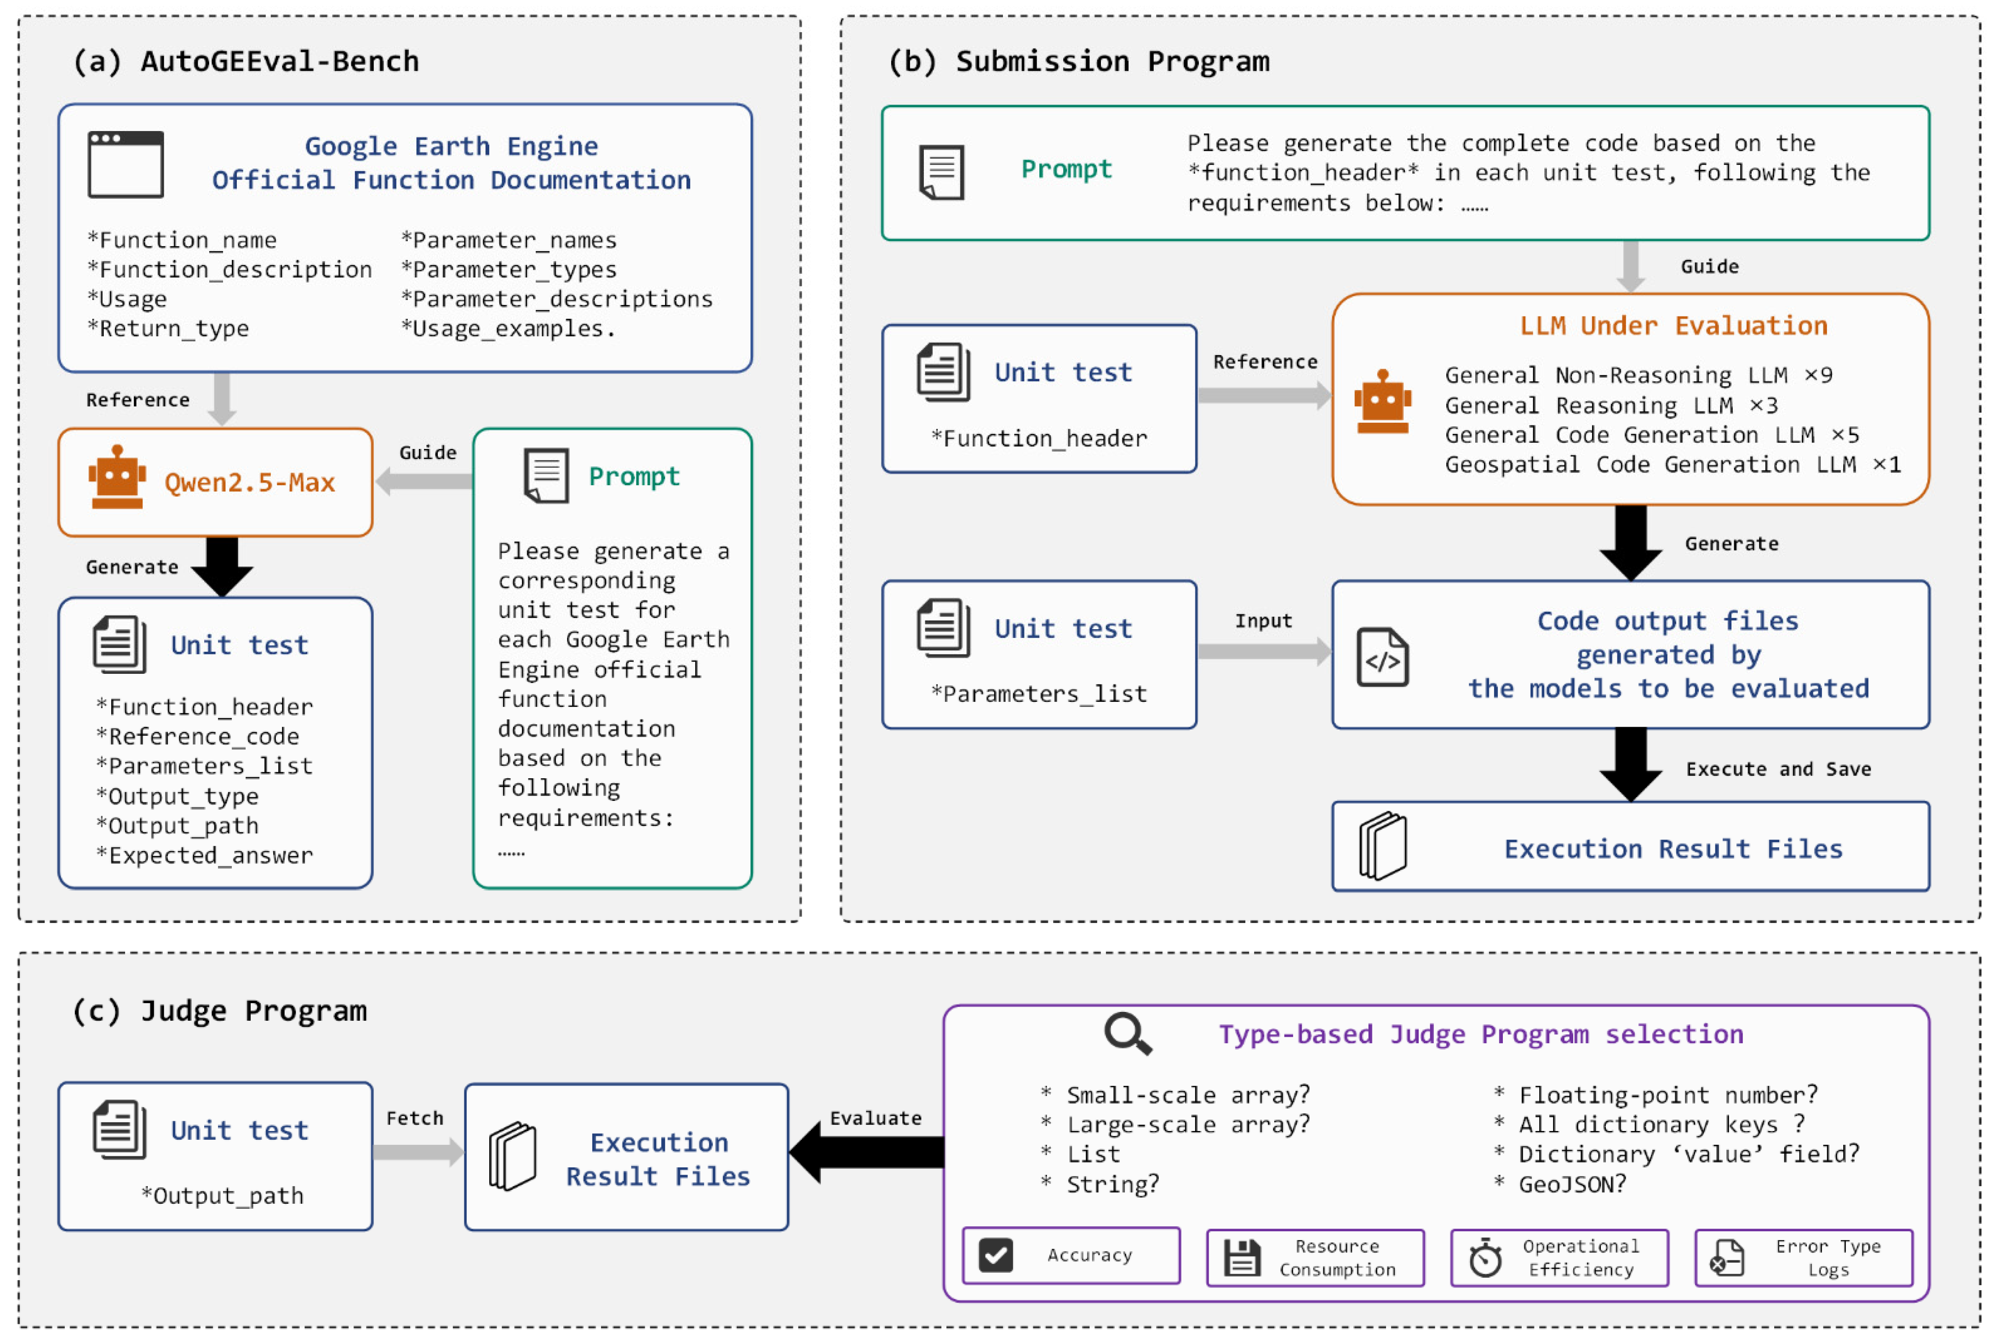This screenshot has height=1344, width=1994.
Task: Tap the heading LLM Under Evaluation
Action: tap(1673, 326)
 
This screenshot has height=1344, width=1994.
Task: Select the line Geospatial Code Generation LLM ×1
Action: tap(1673, 465)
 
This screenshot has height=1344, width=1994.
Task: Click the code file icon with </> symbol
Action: tap(1382, 657)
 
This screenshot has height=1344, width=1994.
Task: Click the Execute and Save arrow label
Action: tap(1778, 769)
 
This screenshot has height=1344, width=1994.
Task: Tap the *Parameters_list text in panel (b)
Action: tap(1038, 694)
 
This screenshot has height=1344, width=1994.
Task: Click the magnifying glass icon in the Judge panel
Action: tap(1128, 1034)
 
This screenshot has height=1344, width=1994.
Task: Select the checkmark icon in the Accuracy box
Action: tap(996, 1256)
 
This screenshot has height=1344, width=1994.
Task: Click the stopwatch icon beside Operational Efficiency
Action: tap(1485, 1258)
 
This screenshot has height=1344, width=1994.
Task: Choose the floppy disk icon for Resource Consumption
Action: tap(1242, 1258)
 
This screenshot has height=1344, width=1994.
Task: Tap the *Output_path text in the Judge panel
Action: tap(222, 1196)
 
